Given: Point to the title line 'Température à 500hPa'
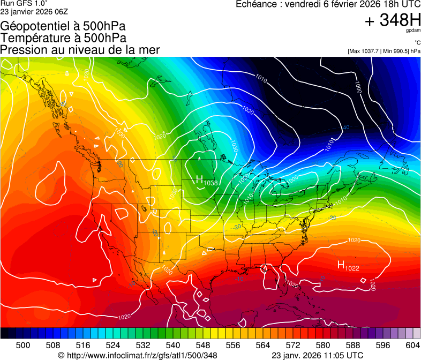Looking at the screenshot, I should click(63, 38).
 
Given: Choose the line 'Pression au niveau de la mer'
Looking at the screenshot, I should click(80, 50).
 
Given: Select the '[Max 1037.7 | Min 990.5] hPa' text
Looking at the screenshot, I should click(384, 51).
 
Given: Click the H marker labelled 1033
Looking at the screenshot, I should click(199, 179).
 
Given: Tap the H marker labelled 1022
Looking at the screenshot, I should click(341, 265).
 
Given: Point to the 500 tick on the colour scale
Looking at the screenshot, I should click(23, 345).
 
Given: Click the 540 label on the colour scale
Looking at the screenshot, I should click(173, 345).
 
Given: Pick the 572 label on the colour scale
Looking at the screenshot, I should click(293, 345).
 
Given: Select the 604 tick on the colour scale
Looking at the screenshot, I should click(412, 345).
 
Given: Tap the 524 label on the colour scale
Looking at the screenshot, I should click(113, 345).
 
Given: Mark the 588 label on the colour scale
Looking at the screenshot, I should click(353, 345).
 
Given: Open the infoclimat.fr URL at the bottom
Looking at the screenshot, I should click(138, 355).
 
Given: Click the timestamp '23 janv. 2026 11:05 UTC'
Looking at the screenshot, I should click(318, 355).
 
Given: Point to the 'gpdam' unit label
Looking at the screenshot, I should click(414, 31).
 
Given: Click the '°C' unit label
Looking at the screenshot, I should click(417, 42).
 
